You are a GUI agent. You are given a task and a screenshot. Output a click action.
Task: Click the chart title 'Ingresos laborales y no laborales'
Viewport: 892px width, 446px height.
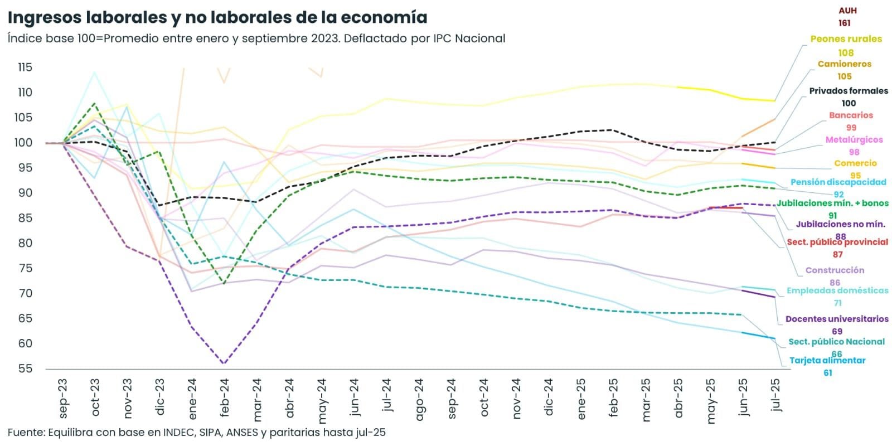click(217, 18)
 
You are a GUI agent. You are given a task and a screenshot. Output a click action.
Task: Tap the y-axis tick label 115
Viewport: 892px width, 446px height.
click(25, 67)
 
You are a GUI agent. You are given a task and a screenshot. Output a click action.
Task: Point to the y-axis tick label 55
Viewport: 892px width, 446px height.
click(25, 369)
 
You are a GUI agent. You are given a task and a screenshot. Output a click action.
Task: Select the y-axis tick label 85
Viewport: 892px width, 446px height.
click(25, 218)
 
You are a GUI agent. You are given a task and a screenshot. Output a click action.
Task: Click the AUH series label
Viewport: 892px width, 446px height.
click(847, 11)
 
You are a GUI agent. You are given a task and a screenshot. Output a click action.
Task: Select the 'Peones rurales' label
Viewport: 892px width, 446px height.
click(846, 39)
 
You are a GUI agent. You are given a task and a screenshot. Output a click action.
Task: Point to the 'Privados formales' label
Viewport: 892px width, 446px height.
click(849, 91)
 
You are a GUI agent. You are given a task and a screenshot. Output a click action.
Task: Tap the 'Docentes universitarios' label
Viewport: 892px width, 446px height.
click(837, 319)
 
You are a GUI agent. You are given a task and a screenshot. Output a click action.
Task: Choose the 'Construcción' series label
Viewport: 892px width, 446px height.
click(835, 270)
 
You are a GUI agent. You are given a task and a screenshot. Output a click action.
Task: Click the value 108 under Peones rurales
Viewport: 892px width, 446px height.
click(846, 53)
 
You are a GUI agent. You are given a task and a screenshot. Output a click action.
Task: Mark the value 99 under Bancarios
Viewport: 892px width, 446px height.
click(851, 128)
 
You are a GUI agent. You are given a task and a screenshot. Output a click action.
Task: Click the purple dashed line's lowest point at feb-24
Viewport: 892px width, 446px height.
click(224, 363)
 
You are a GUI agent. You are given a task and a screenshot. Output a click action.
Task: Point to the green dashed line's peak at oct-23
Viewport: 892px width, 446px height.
click(95, 104)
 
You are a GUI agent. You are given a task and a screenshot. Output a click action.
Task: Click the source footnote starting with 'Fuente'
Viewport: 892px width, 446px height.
click(196, 433)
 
